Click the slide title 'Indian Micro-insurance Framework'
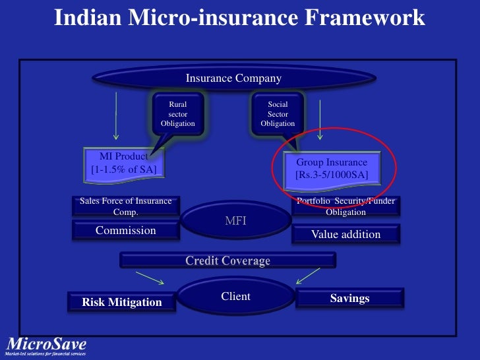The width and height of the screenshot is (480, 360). pyautogui.click(x=239, y=18)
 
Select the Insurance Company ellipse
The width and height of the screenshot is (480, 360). pyautogui.click(x=233, y=78)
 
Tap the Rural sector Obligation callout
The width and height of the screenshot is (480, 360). pyautogui.click(x=178, y=114)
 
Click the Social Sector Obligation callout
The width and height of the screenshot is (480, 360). pyautogui.click(x=278, y=114)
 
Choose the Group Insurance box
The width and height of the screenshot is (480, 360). pyautogui.click(x=332, y=169)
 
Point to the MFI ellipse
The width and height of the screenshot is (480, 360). pyautogui.click(x=235, y=221)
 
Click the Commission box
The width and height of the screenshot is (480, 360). pyautogui.click(x=125, y=230)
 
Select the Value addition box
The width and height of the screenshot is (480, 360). pyautogui.click(x=345, y=234)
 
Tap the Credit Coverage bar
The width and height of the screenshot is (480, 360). pyautogui.click(x=227, y=261)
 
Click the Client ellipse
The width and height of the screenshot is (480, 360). pyautogui.click(x=235, y=296)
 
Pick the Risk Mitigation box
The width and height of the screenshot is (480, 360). pyautogui.click(x=122, y=302)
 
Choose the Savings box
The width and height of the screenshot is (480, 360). pyautogui.click(x=349, y=298)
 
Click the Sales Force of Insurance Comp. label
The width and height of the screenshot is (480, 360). pyautogui.click(x=125, y=206)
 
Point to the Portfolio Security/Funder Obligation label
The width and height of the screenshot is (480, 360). pyautogui.click(x=345, y=206)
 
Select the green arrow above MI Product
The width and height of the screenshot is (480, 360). pyautogui.click(x=116, y=115)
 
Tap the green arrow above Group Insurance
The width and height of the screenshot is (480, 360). pyautogui.click(x=320, y=115)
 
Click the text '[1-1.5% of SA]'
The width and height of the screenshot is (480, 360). pyautogui.click(x=124, y=169)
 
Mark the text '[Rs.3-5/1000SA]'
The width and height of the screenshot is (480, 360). pyautogui.click(x=332, y=175)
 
